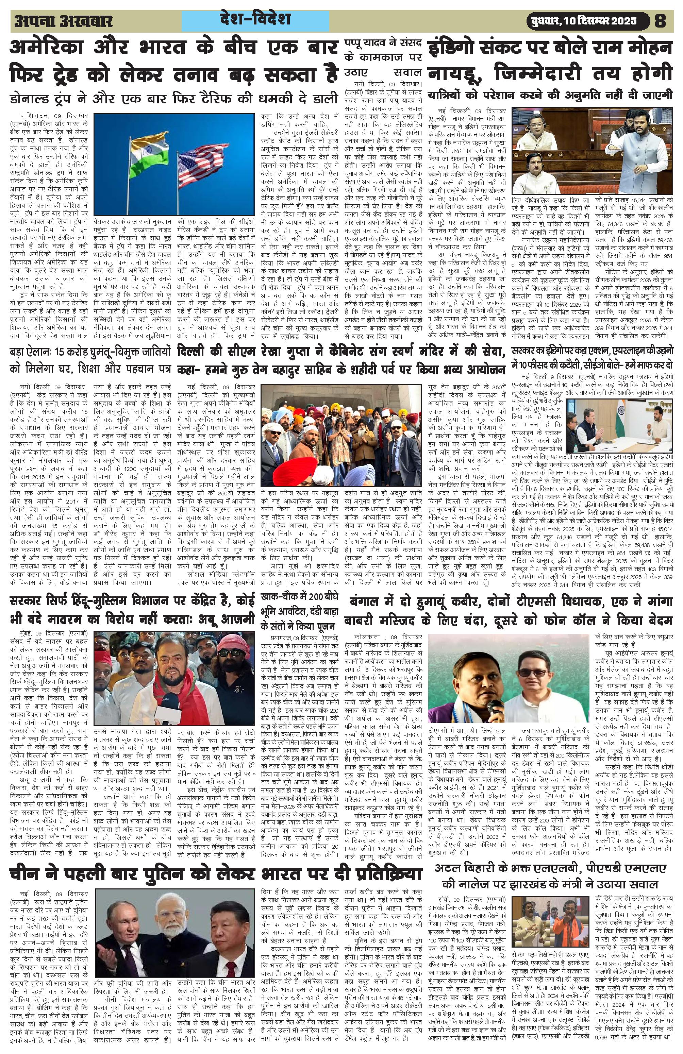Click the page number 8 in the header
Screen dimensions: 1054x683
pyautogui.click(x=660, y=21)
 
